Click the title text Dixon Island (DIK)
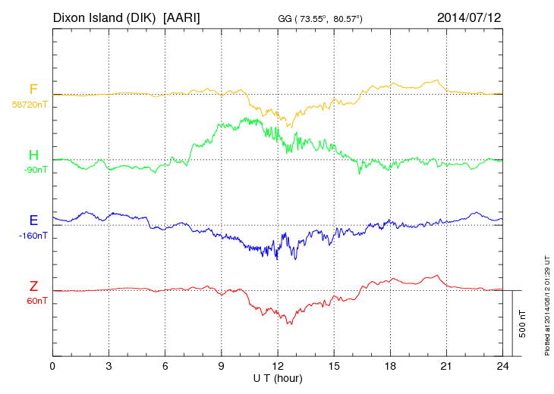click(x=104, y=16)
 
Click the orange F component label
click(x=33, y=89)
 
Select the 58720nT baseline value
click(x=30, y=105)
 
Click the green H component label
click(x=33, y=155)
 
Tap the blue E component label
click(x=33, y=220)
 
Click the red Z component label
click(x=33, y=286)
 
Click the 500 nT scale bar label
click(x=522, y=324)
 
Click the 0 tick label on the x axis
click(x=52, y=366)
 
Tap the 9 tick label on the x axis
click(x=221, y=366)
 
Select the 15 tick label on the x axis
click(x=333, y=366)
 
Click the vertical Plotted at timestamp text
click(x=546, y=307)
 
